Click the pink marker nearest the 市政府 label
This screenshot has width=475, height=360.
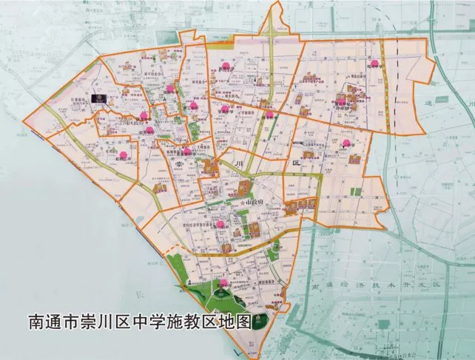point(220,224)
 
